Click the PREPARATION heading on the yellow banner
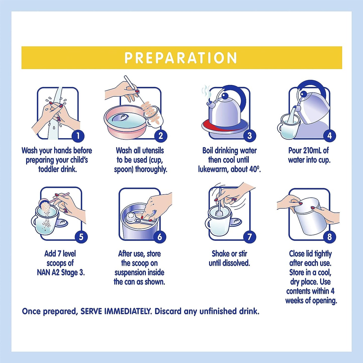click(x=181, y=58)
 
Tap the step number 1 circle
click(x=78, y=136)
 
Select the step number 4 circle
click(x=330, y=136)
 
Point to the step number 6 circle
click(x=160, y=237)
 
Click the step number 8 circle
click(x=330, y=237)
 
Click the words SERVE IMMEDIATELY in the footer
click(x=116, y=312)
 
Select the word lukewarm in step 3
click(x=213, y=170)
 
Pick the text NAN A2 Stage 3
click(x=61, y=273)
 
